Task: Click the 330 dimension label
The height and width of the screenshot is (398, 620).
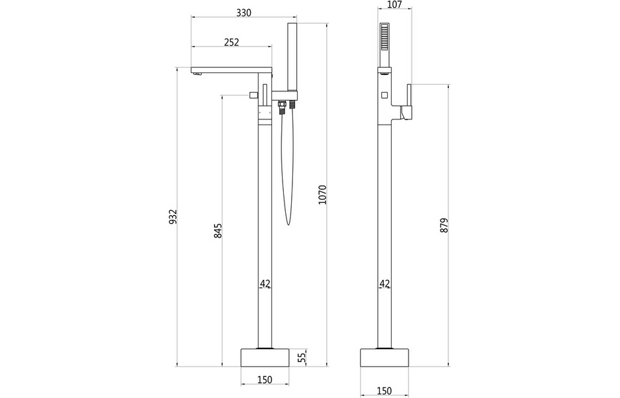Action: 243,13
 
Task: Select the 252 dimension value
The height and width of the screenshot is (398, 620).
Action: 231,42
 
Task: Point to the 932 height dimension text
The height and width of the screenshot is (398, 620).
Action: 173,217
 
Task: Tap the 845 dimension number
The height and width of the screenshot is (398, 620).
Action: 218,231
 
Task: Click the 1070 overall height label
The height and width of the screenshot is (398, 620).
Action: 321,194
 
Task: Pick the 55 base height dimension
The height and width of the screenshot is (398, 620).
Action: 301,357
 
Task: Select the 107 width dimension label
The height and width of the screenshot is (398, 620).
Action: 394,4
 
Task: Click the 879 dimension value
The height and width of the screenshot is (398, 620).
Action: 444,225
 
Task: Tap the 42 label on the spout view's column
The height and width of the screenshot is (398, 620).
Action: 265,284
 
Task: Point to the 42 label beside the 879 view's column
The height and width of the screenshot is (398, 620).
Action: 384,284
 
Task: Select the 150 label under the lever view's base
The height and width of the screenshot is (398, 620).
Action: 384,390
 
